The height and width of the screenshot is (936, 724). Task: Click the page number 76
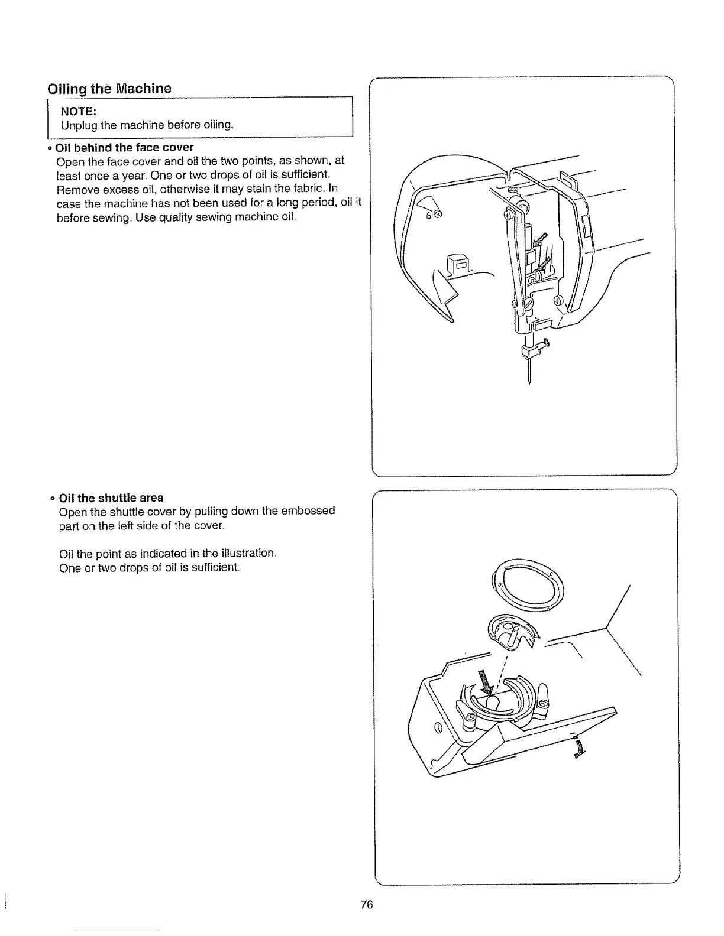367,905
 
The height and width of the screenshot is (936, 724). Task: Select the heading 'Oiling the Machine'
109,89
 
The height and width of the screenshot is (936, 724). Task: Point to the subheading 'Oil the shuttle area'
111,498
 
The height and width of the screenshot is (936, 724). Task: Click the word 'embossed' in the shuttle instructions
308,511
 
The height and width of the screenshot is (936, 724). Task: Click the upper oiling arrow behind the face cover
540,239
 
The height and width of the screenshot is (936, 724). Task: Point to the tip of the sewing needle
529,382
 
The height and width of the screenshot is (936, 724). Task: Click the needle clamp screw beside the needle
545,342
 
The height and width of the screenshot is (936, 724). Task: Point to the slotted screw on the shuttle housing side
438,727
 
